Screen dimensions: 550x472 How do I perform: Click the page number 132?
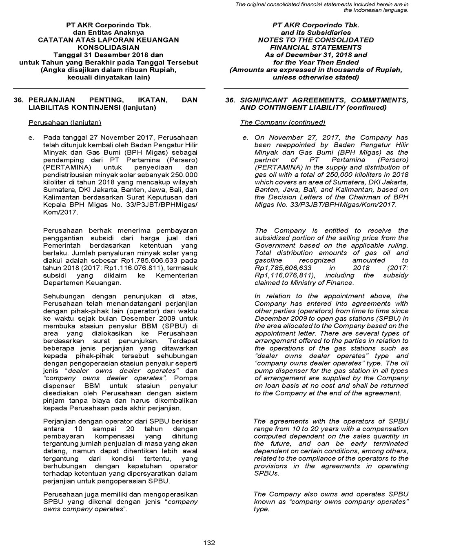[209, 543]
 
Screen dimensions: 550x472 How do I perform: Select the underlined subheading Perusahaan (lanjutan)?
[65, 122]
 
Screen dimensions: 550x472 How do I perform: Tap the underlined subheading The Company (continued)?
[282, 122]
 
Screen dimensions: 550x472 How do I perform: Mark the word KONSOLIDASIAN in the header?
[108, 47]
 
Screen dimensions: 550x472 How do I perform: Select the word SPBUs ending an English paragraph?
[266, 473]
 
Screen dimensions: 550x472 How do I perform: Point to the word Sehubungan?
[64, 296]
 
